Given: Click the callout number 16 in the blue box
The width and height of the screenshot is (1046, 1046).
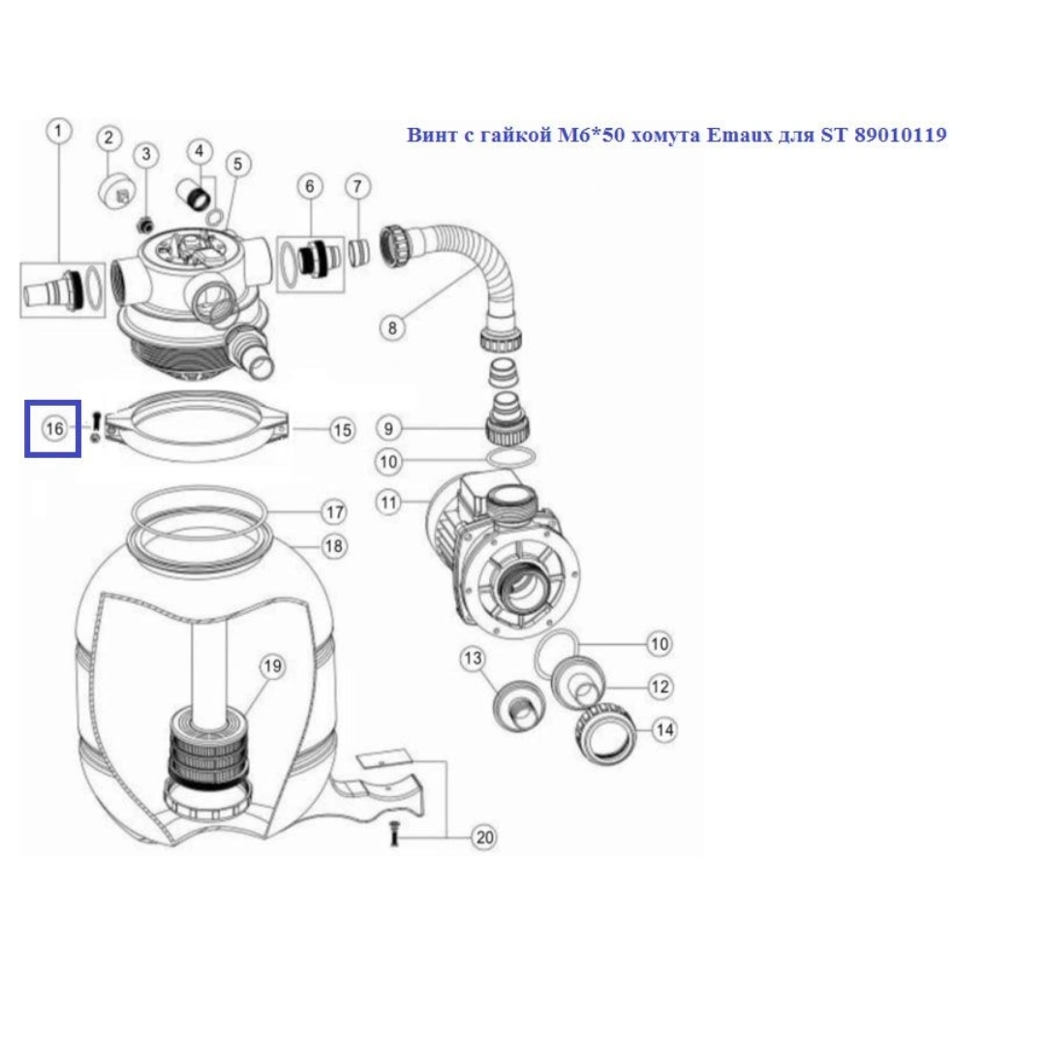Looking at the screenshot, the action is coord(54,428).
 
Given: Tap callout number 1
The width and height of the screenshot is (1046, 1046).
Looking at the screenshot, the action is coord(59,131).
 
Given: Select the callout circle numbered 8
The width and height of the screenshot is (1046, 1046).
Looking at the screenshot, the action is coord(392,327).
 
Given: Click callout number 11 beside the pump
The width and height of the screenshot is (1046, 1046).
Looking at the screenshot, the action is coord(389,502).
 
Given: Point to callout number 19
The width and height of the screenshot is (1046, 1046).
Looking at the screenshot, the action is coord(272,665).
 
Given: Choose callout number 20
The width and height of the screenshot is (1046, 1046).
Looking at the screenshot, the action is coord(484,837).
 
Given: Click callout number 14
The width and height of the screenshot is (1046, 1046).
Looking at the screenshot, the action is coord(664,730).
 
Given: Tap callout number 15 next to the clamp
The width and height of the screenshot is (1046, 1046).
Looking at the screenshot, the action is coord(342,430).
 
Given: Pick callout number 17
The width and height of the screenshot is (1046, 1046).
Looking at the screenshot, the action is coord(334,512).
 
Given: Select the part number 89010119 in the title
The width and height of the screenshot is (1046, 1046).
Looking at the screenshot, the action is coord(901,136).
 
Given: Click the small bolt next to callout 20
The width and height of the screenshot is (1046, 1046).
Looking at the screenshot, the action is coord(393,834).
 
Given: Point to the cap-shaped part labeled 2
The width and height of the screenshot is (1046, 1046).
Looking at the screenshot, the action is coord(117,193).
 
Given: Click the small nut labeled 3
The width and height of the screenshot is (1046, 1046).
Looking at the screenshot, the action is coord(144,226).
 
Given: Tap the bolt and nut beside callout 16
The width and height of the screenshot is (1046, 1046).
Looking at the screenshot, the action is coord(95,427).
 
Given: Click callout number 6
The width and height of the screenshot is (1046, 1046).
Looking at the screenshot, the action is coord(310,187).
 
